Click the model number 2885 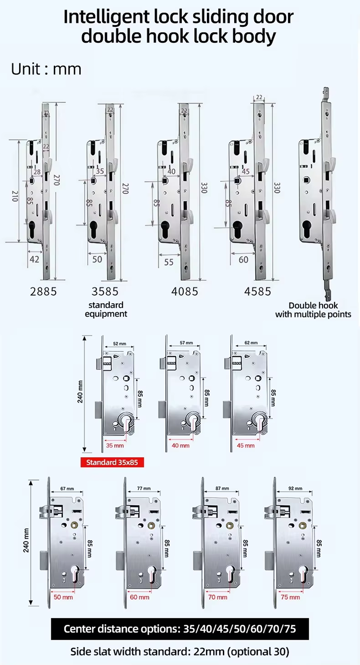click(43, 291)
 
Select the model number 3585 click(105, 291)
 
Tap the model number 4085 click(185, 291)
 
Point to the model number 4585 click(258, 291)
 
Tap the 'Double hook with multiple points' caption click(313, 310)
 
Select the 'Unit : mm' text click(46, 69)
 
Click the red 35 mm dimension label click(116, 445)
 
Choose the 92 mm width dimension click(295, 488)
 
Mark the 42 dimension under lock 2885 click(34, 259)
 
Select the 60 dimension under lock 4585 click(243, 260)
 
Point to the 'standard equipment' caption click(106, 309)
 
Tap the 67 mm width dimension click(67, 488)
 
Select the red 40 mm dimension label click(180, 445)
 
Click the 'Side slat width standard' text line click(180, 652)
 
